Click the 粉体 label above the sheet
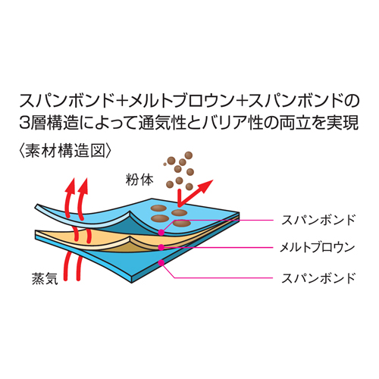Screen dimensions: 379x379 click(x=139, y=180)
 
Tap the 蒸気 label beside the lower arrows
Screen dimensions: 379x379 click(x=45, y=278)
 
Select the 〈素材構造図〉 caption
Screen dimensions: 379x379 click(x=65, y=151)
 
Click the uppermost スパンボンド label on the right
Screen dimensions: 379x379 click(x=318, y=220)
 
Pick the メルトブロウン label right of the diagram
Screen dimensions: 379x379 click(x=317, y=247)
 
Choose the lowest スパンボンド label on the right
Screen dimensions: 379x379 click(x=318, y=278)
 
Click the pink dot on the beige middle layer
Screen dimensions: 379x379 click(x=161, y=247)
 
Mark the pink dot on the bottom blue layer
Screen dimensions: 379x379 click(x=161, y=263)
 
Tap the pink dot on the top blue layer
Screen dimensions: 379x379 click(x=161, y=233)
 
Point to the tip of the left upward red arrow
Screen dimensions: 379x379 click(x=73, y=178)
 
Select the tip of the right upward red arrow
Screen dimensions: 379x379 click(x=86, y=178)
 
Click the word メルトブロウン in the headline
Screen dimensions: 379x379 click(x=181, y=101)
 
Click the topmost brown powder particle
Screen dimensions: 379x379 click(x=189, y=155)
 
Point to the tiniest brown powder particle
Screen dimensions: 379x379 click(x=164, y=164)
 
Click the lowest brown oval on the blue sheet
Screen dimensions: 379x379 click(x=182, y=223)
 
